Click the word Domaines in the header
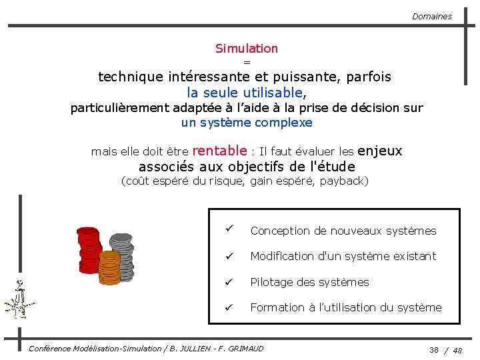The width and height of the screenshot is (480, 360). point(431,16)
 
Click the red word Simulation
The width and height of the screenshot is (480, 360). point(246,48)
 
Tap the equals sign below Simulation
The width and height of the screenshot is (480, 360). point(246,62)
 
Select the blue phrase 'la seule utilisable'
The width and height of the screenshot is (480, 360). point(245,92)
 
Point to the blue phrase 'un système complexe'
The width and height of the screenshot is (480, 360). point(246,123)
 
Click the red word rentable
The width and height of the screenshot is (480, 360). point(219,151)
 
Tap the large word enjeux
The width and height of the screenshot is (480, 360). point(380,151)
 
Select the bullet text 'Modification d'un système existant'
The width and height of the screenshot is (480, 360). point(343,256)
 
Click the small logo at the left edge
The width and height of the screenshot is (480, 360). point(19,301)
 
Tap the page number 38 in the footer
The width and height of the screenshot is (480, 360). point(434,350)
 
